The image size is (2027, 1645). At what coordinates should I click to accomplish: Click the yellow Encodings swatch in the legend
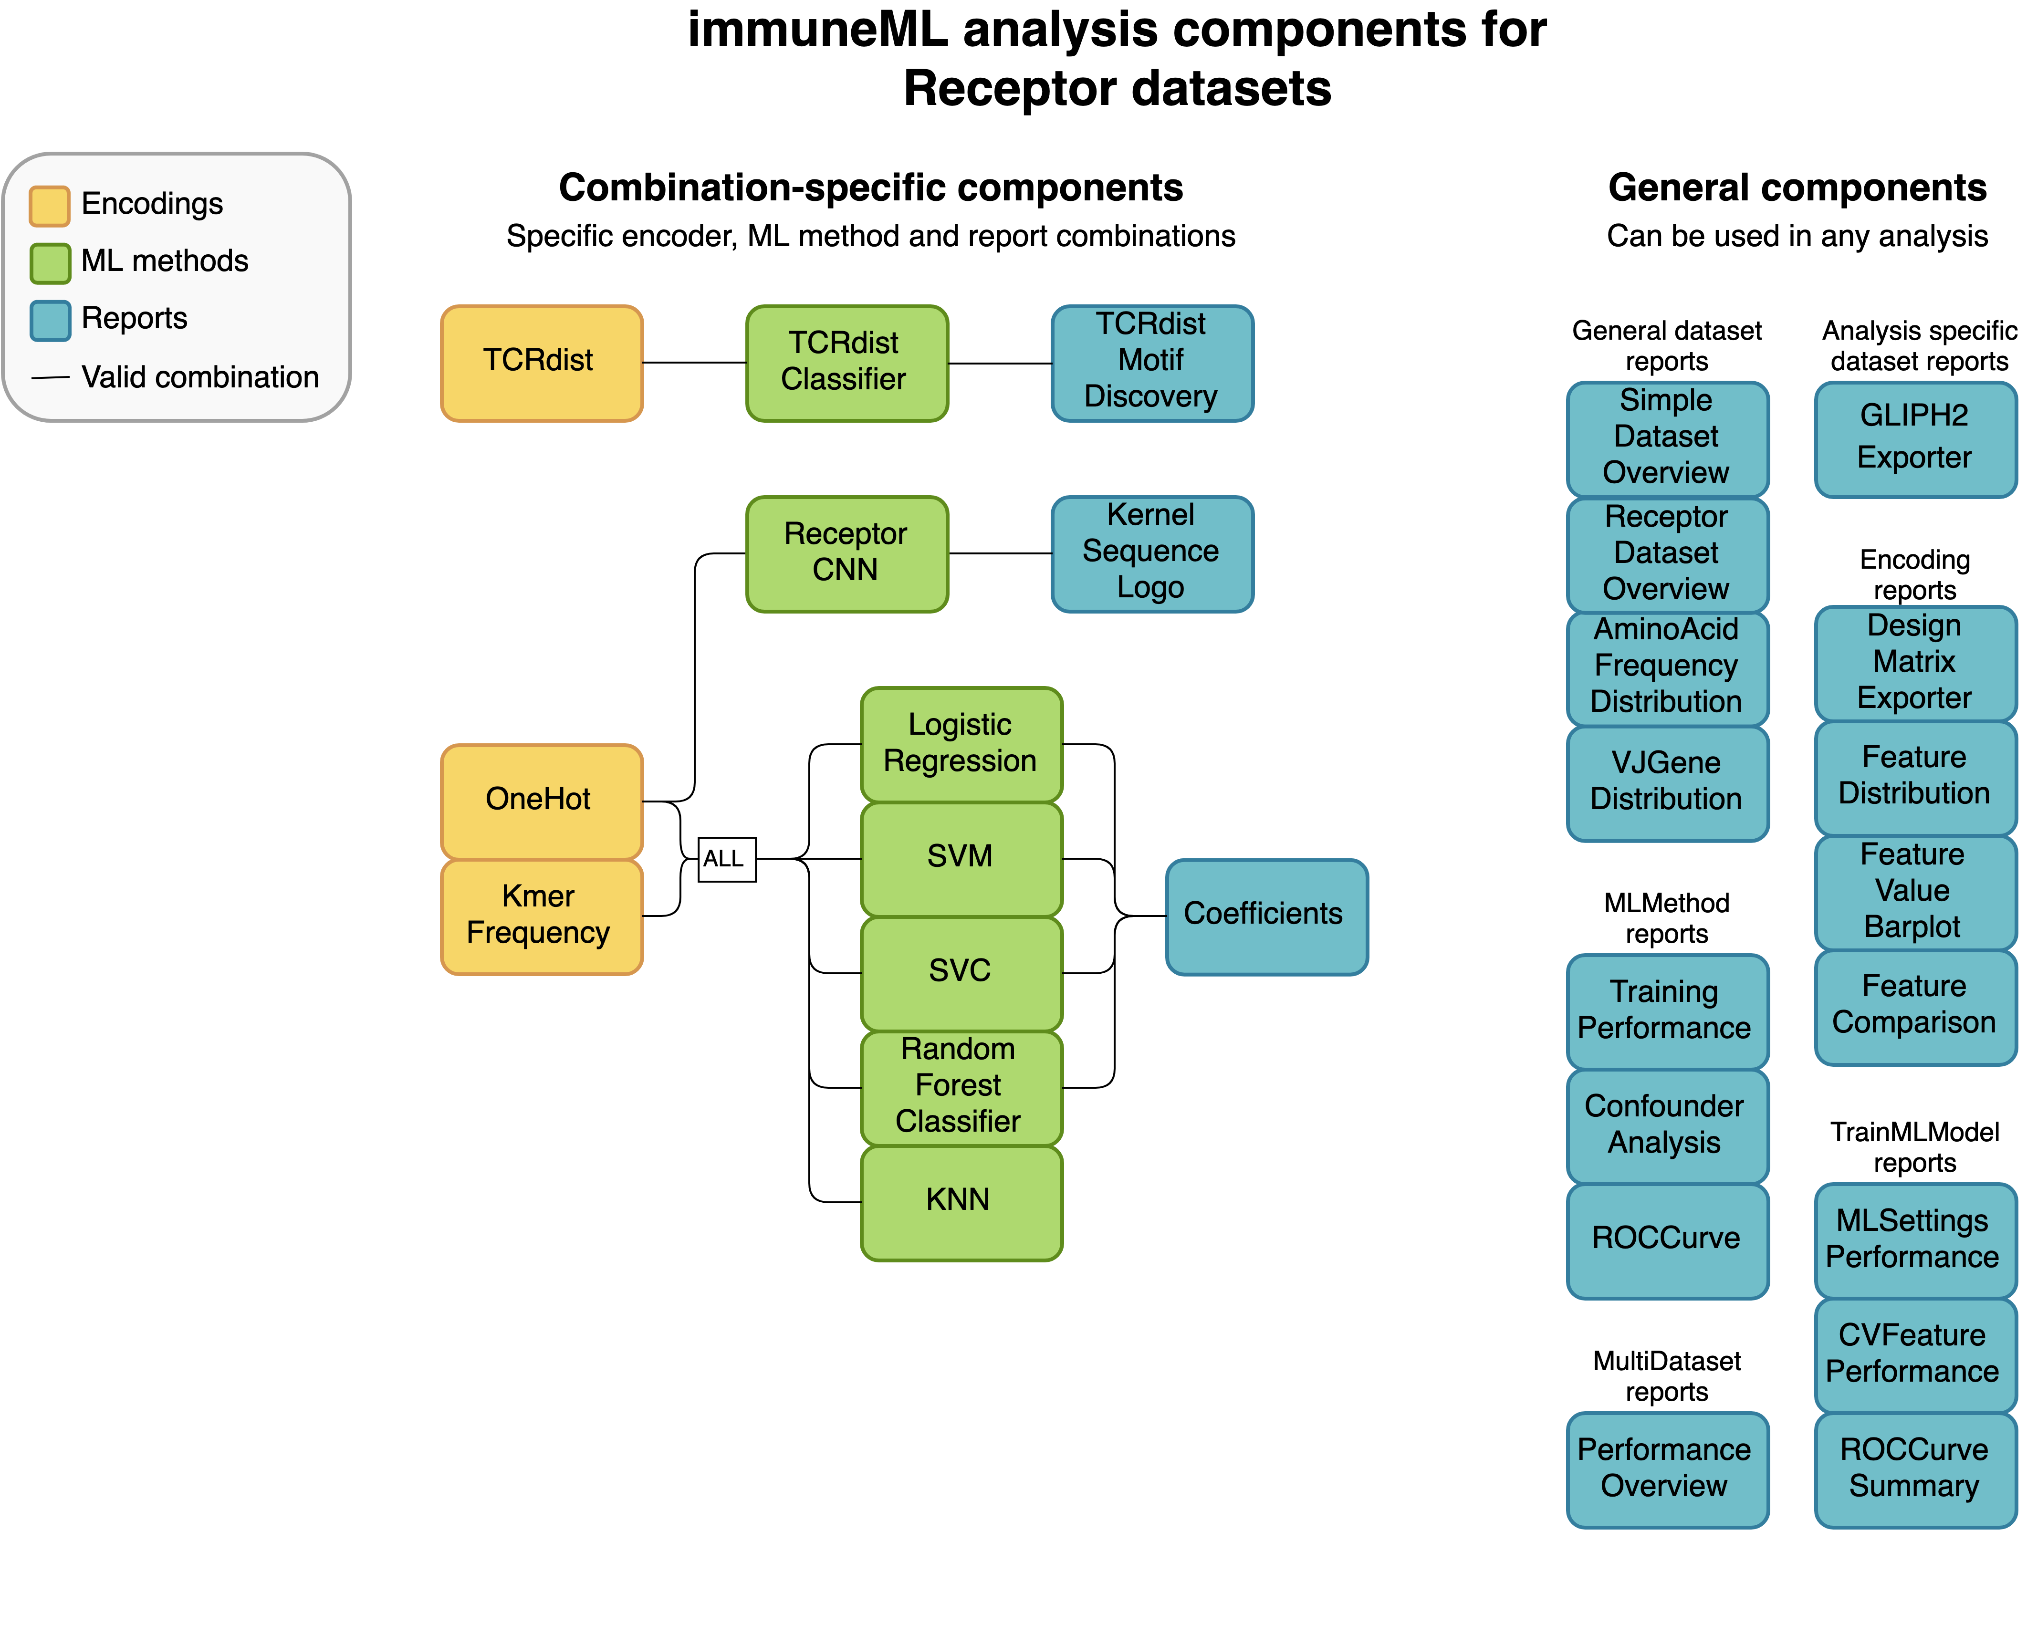49,206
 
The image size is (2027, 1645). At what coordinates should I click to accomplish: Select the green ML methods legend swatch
49,262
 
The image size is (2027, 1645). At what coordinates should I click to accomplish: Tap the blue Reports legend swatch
49,319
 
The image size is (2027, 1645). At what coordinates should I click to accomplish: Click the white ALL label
726,858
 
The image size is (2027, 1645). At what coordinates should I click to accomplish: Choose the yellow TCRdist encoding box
541,362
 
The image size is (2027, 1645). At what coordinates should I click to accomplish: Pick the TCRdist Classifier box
846,362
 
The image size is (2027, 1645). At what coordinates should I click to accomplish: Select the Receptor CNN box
846,553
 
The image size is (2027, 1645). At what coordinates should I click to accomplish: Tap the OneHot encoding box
541,801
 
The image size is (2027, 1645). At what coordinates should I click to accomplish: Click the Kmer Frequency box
541,916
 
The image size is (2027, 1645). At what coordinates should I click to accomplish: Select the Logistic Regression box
961,744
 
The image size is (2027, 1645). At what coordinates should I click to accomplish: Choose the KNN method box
961,1201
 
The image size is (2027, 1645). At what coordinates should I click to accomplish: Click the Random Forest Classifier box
961,1087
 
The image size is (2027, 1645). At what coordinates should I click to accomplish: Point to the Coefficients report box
1266,916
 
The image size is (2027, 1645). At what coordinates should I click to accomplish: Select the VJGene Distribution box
1667,783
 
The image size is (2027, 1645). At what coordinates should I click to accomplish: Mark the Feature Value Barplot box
1914,892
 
